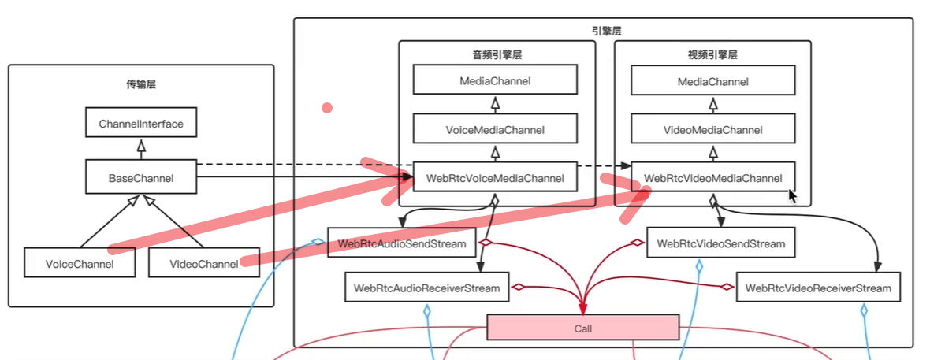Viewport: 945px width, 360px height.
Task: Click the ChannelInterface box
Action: [141, 124]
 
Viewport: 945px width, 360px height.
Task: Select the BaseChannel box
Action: [141, 178]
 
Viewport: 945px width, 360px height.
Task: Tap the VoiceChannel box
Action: [80, 263]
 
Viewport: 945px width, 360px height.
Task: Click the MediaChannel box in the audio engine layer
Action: [495, 80]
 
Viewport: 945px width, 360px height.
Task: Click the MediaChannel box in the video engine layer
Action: [713, 81]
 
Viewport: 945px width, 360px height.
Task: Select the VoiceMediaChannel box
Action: [495, 129]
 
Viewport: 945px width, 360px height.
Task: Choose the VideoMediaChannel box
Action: [713, 130]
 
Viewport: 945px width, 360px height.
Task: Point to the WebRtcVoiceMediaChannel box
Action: [495, 178]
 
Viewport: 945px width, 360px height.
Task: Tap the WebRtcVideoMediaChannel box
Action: [713, 178]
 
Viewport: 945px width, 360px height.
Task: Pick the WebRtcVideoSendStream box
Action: [720, 243]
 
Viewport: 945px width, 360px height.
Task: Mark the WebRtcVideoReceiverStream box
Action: [817, 288]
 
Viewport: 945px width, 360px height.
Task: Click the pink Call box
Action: [582, 327]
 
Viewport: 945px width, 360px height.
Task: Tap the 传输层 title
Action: [141, 84]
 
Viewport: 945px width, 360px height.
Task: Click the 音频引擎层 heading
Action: [496, 56]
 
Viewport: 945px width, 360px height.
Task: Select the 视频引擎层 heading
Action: [713, 56]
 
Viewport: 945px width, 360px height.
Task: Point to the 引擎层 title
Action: [603, 32]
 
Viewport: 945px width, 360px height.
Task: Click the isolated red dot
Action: [326, 107]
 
